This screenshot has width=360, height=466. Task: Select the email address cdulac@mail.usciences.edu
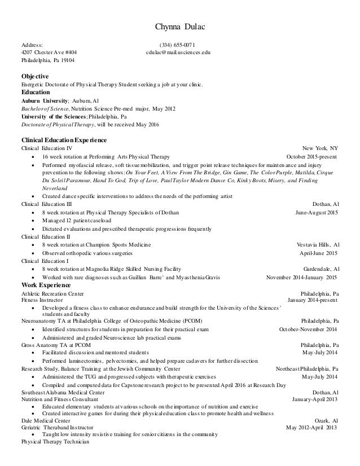(x=178, y=51)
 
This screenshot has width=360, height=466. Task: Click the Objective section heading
(x=35, y=76)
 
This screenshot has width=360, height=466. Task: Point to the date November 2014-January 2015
(x=302, y=278)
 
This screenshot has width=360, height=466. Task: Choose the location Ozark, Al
(x=327, y=420)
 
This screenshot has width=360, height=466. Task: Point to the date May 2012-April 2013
(x=312, y=427)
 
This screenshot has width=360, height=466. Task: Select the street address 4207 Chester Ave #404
(x=50, y=51)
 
